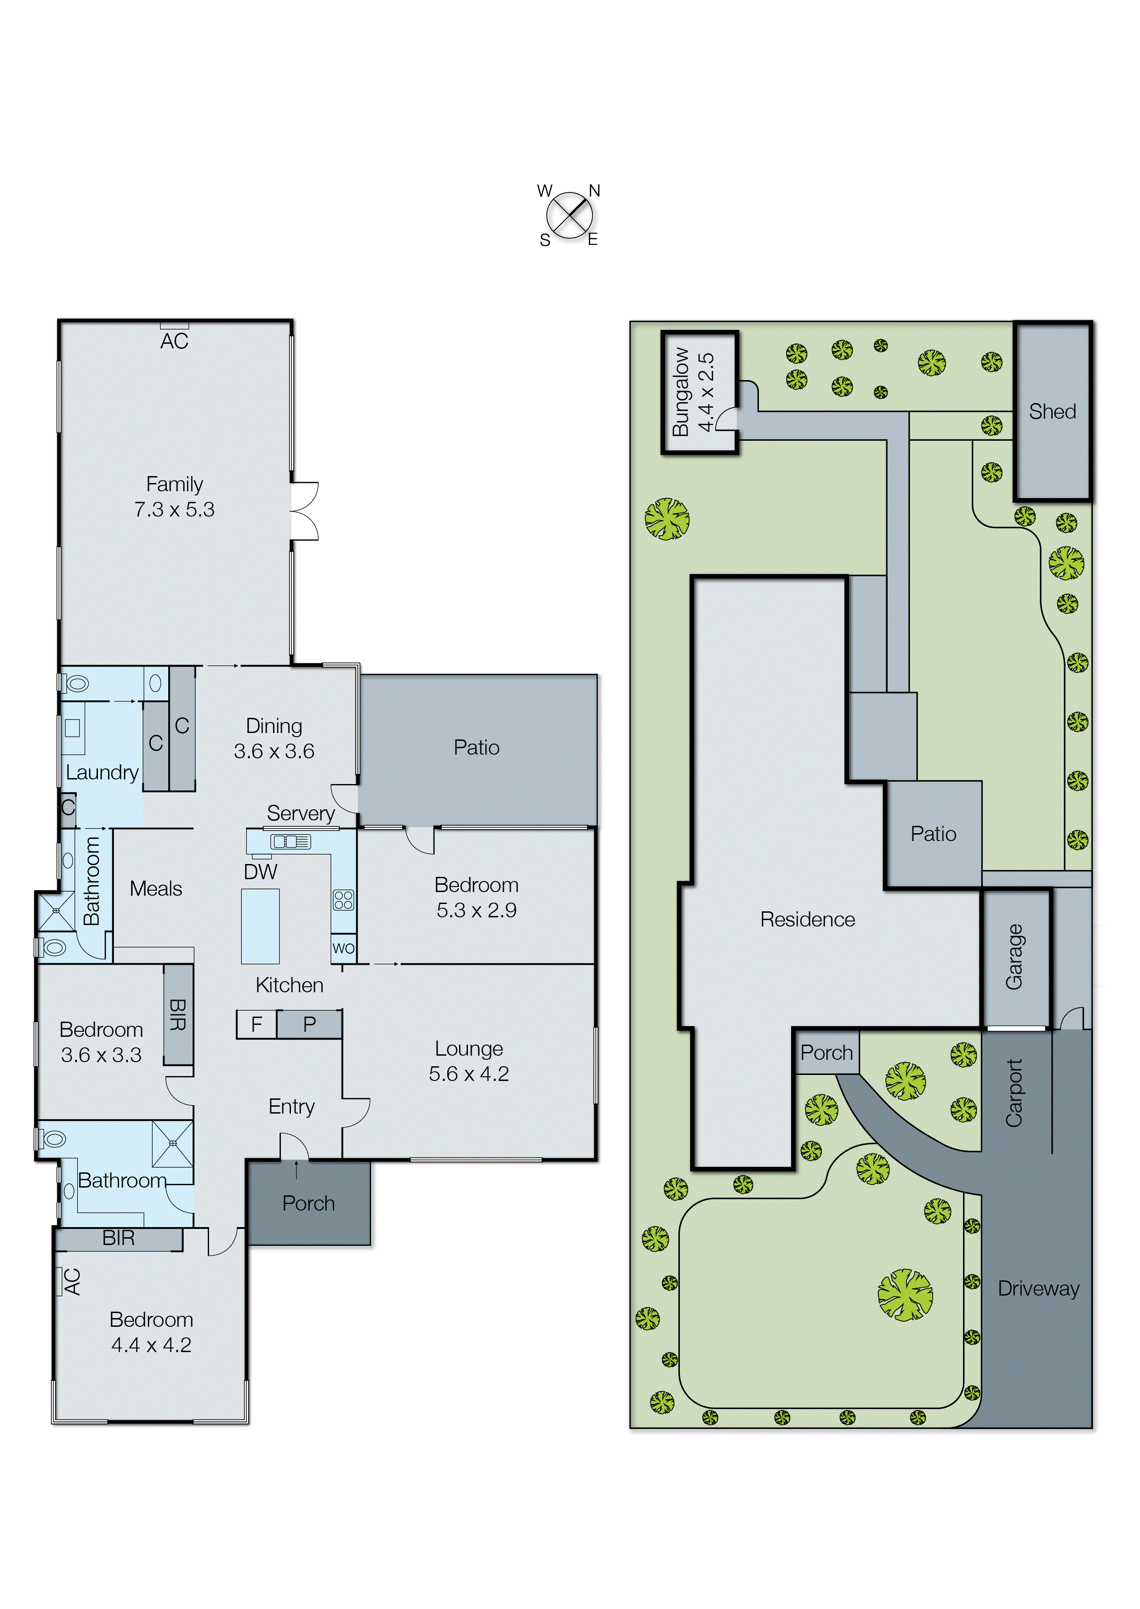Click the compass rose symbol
tap(569, 215)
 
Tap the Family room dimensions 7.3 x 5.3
tap(174, 509)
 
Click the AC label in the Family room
tap(174, 342)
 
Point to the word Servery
tap(301, 813)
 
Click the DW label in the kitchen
tap(261, 871)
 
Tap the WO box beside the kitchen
tap(343, 949)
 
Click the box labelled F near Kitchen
tap(256, 1024)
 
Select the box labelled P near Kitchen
tap(309, 1024)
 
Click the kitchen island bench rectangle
tap(261, 926)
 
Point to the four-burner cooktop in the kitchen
tap(343, 899)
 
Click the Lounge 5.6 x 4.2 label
tap(469, 1061)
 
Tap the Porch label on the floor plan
tap(308, 1203)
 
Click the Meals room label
tap(156, 888)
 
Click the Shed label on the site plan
tap(1052, 411)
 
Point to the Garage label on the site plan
tap(1014, 957)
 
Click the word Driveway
tap(1038, 1288)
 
